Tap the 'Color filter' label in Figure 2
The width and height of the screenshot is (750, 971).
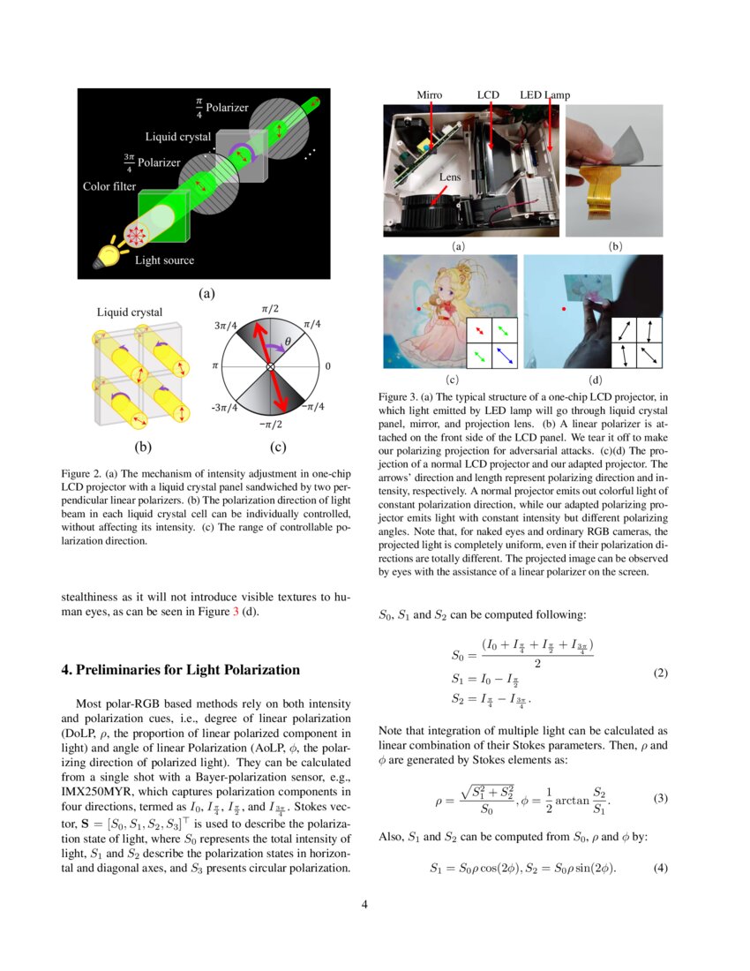pos(109,186)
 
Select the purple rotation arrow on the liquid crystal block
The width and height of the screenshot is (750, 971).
pos(242,156)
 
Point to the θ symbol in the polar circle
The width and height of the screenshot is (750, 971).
pos(288,342)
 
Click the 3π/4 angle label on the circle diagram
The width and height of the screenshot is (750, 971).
pos(225,326)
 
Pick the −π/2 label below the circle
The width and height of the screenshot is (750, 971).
pos(270,425)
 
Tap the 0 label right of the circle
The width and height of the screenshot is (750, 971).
pos(327,365)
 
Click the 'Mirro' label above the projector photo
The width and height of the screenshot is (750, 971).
pos(430,94)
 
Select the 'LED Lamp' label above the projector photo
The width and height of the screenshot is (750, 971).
pos(545,94)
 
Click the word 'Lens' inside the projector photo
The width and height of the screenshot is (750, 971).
pos(451,177)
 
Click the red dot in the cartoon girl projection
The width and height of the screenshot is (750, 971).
pos(418,309)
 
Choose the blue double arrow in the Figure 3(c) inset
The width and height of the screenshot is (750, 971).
pos(501,355)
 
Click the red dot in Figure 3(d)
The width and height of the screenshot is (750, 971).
pos(564,309)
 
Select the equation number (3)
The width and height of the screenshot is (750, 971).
pos(660,799)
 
